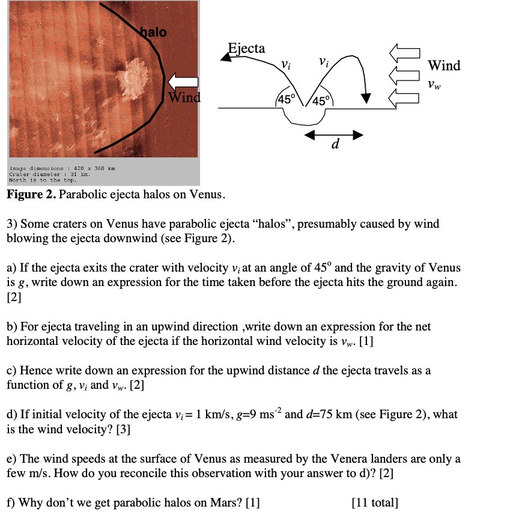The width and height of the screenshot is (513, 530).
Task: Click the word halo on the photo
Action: click(154, 32)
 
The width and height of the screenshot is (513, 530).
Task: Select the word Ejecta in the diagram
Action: click(246, 48)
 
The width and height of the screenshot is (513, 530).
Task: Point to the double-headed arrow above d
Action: click(333, 135)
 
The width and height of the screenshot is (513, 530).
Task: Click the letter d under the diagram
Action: click(335, 145)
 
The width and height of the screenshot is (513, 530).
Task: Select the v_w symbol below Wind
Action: click(434, 85)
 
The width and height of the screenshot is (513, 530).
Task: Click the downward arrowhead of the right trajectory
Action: click(366, 98)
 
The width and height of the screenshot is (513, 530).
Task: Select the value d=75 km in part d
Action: click(321, 415)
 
